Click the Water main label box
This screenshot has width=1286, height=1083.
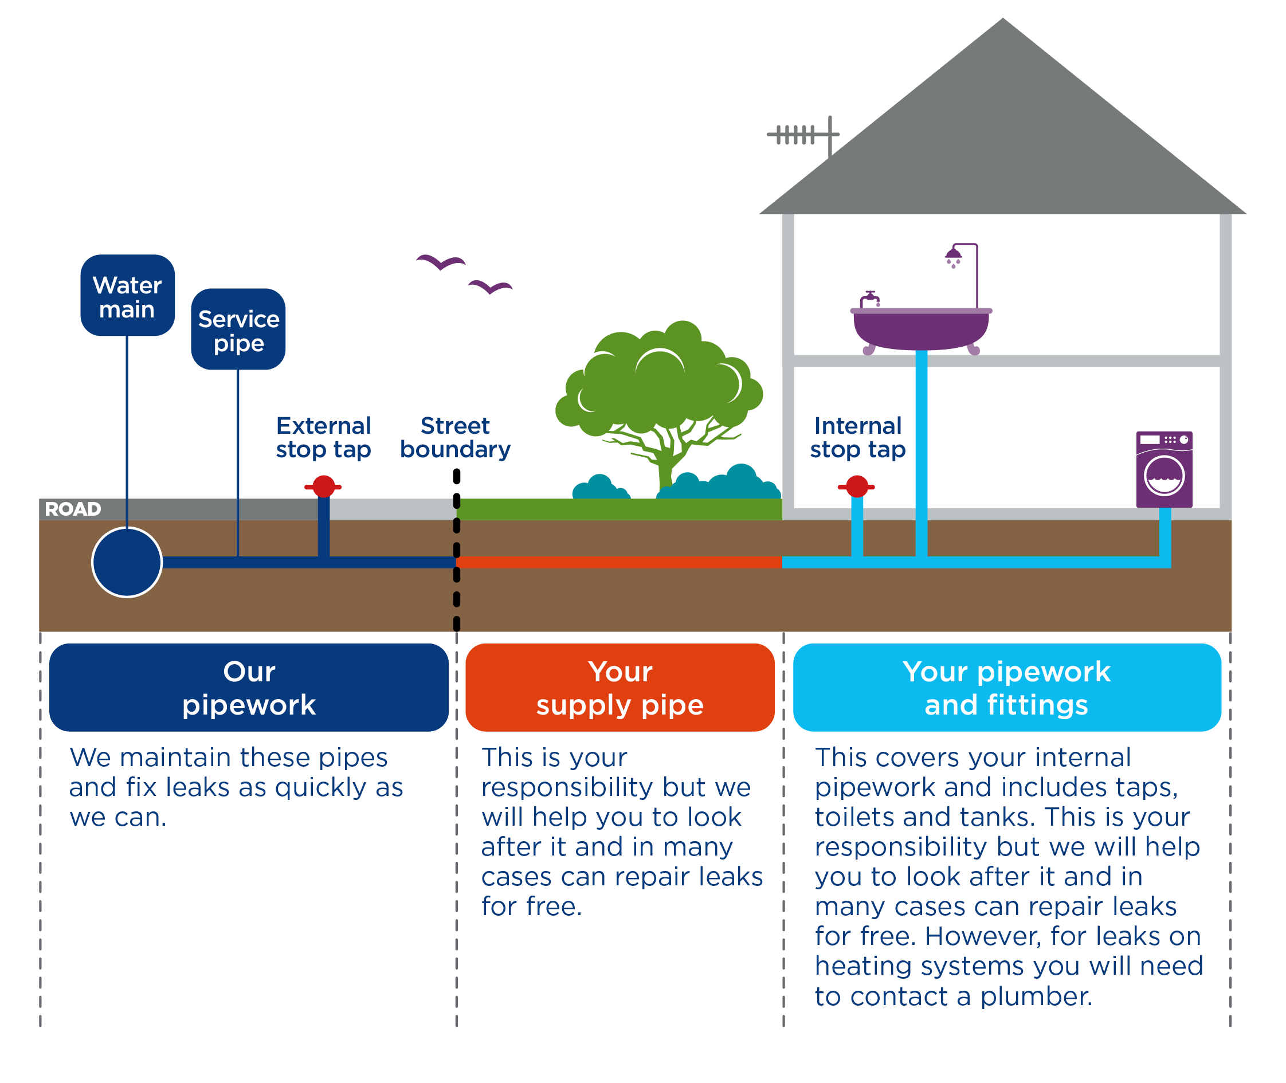click(x=127, y=296)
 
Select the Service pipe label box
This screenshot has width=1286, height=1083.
click(x=238, y=329)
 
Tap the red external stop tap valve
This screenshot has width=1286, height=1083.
click(x=323, y=487)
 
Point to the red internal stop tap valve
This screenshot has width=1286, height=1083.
click(x=857, y=487)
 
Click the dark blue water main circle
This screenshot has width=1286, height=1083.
click(x=127, y=562)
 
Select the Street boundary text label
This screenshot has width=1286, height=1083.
click(x=455, y=438)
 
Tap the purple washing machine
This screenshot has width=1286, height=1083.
click(x=1164, y=470)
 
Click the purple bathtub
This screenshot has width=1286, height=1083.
click(x=920, y=329)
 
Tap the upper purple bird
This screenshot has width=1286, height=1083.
click(x=441, y=262)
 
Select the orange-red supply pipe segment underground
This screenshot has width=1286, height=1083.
click(x=619, y=562)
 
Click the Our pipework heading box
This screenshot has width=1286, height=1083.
click(x=249, y=688)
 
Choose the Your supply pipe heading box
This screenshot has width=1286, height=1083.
click(x=620, y=688)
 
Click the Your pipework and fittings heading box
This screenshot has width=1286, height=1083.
click(x=1006, y=688)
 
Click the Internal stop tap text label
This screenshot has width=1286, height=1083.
click(x=857, y=438)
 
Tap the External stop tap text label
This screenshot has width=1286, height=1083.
click(x=323, y=438)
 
